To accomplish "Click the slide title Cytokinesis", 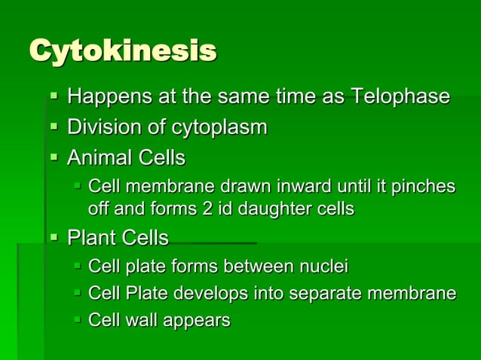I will pos(122,51).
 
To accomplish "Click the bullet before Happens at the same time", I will pos(53,96).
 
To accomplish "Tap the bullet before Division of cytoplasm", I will pos(53,127).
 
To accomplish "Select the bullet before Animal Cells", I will pos(53,157).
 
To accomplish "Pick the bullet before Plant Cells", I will pos(53,238).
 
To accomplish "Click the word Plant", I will pos(93,239).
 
